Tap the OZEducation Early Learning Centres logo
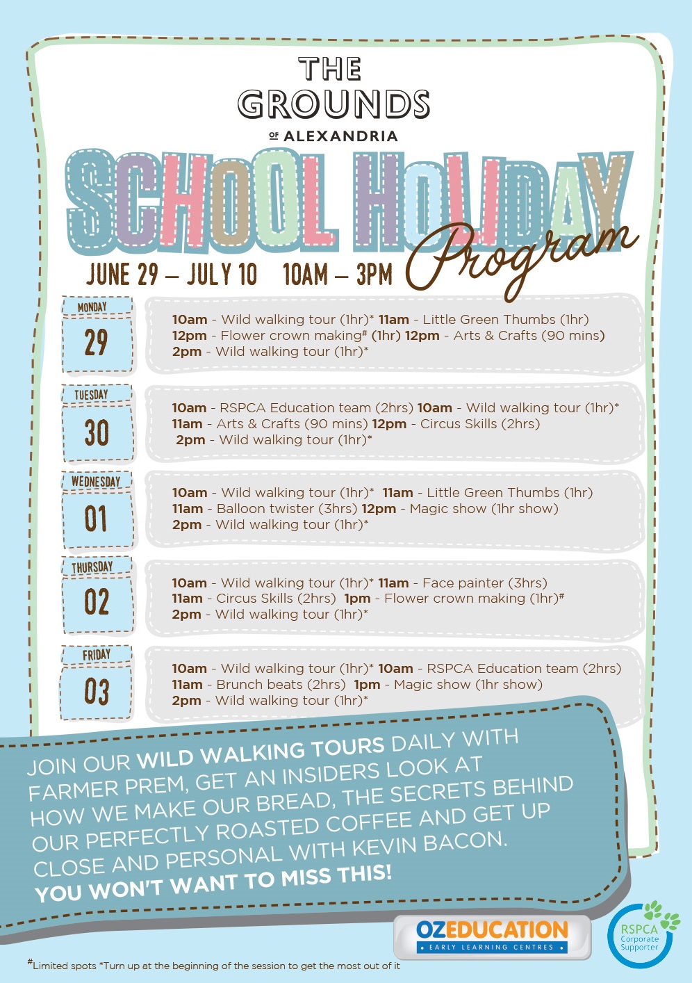tap(492, 936)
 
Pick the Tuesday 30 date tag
tap(97, 423)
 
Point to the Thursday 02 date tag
tap(97, 595)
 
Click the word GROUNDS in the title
tap(333, 104)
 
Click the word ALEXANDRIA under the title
tap(340, 136)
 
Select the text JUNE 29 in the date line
tap(122, 275)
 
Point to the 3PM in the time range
tap(374, 275)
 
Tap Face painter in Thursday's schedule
tap(463, 583)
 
